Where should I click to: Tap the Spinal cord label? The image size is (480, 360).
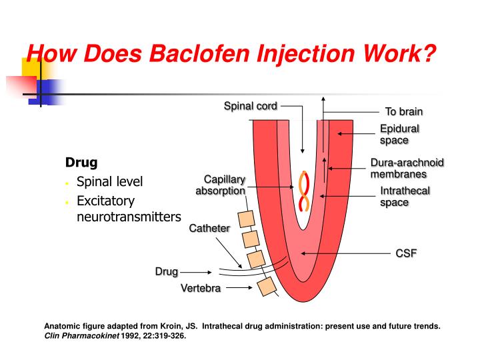tap(250, 105)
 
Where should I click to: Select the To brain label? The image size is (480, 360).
tap(404, 111)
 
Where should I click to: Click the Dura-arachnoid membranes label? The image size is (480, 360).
tap(407, 168)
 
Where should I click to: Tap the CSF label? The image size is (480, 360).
tap(406, 253)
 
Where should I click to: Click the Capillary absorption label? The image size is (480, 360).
tap(221, 185)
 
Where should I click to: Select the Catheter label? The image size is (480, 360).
tap(210, 228)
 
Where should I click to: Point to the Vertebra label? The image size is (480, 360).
tap(200, 288)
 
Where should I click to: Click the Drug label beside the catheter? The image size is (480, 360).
tap(167, 271)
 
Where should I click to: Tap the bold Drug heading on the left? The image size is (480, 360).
tap(81, 162)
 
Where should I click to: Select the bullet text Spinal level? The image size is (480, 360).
tap(110, 181)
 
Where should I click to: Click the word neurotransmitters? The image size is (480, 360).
tap(129, 217)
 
